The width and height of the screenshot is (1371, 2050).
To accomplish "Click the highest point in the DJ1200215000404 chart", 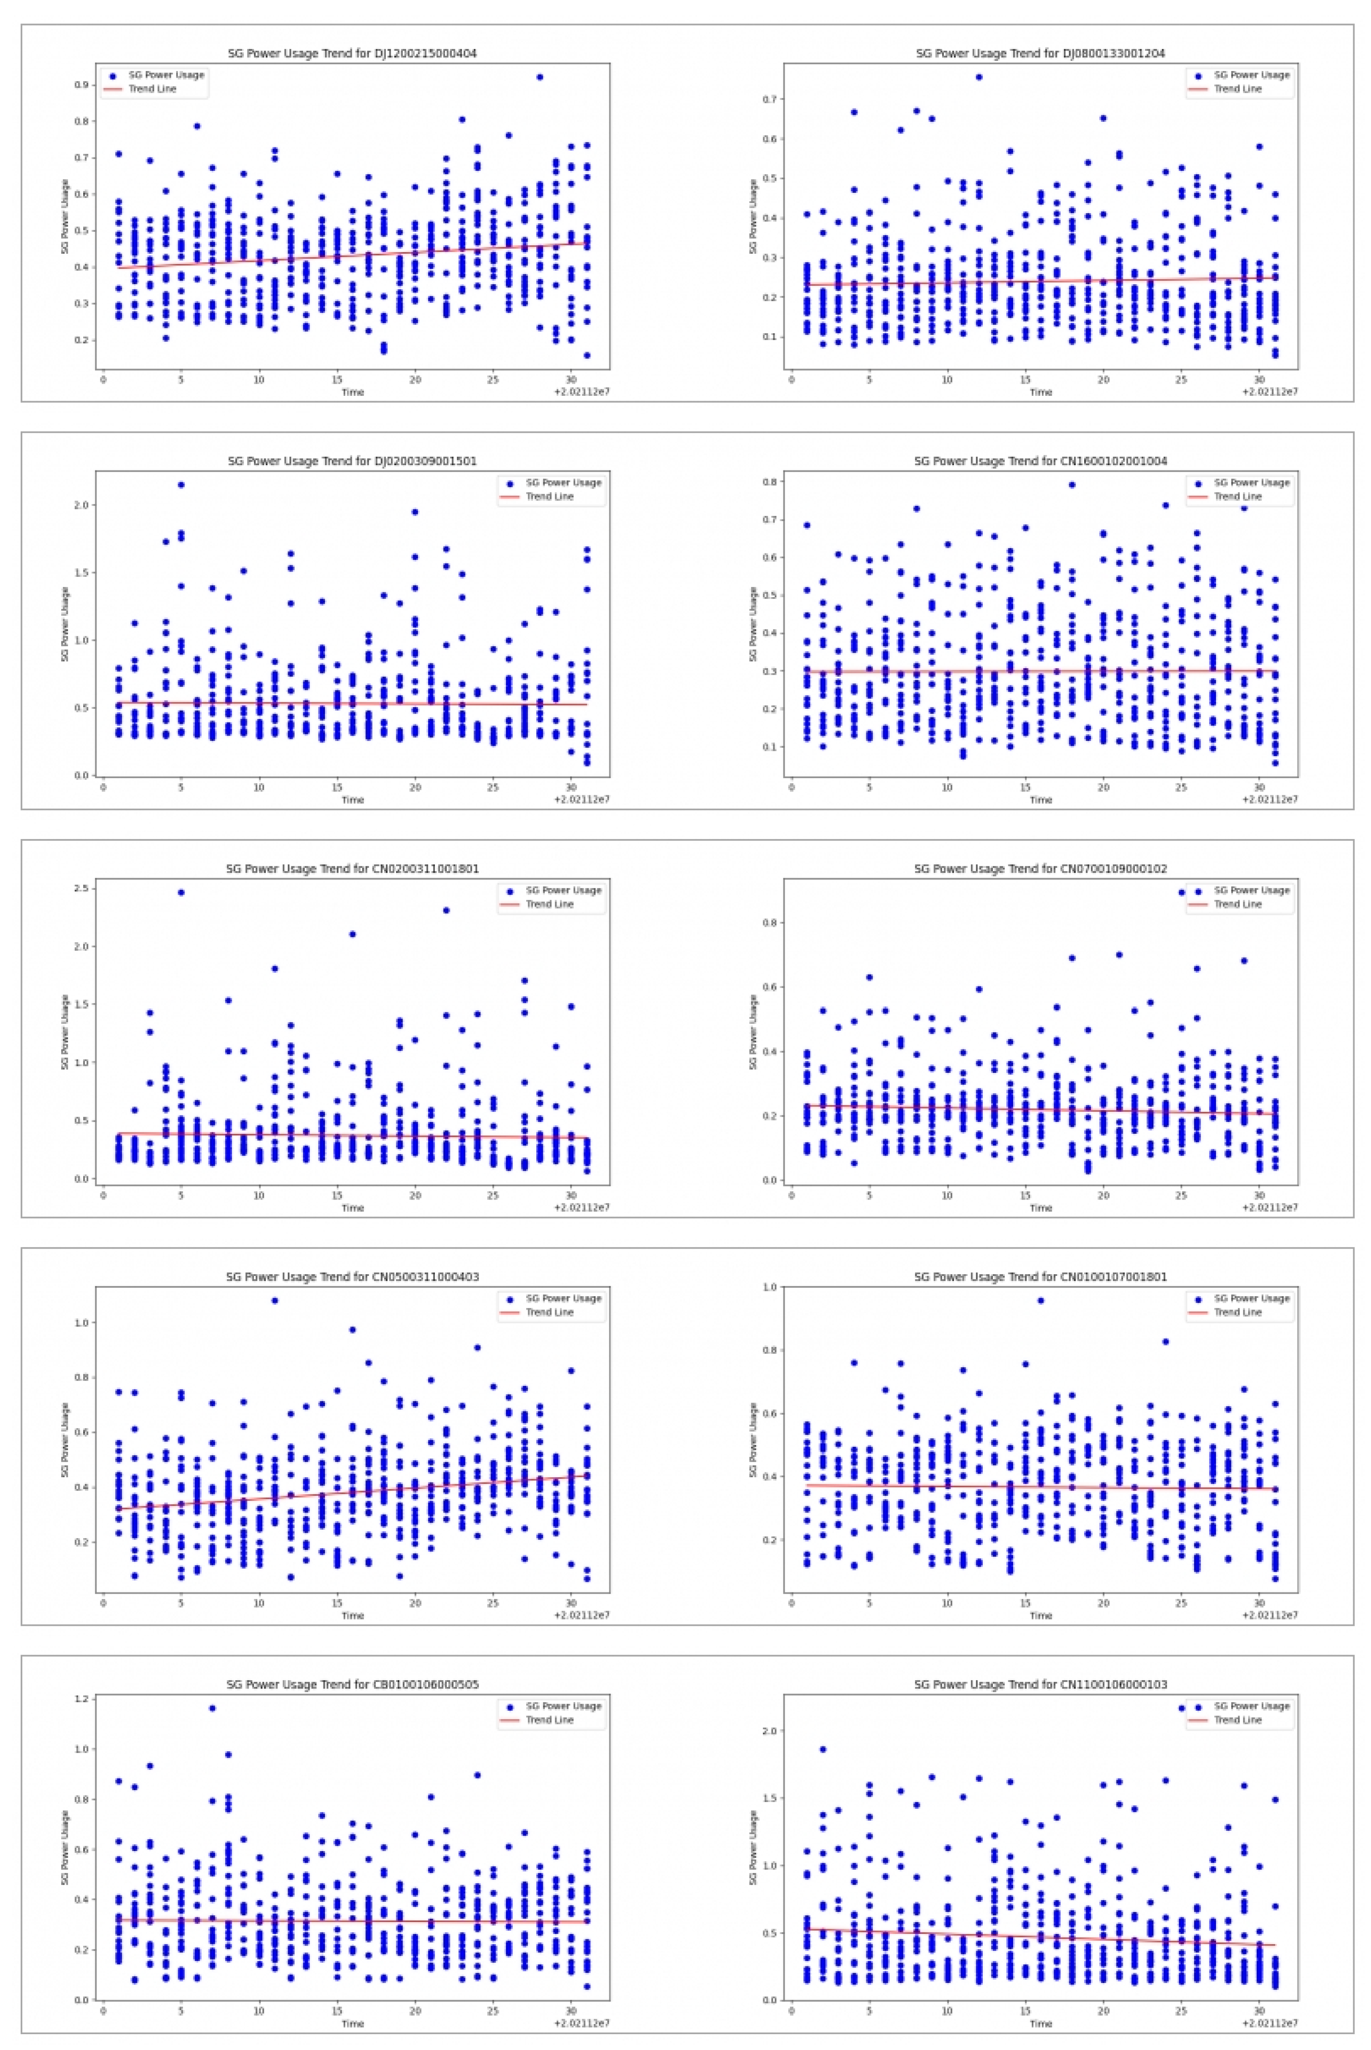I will coord(540,77).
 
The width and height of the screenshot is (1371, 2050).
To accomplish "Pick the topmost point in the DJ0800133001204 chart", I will coord(978,77).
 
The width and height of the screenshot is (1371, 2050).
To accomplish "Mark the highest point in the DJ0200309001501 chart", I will coord(181,485).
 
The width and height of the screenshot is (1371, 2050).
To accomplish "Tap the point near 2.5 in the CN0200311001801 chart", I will coord(181,892).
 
